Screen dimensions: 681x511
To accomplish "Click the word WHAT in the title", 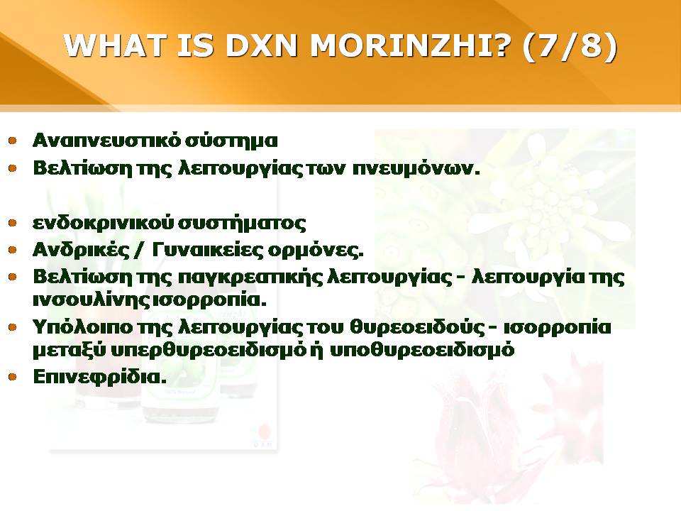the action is click(x=115, y=45).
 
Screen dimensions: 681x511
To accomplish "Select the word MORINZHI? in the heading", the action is click(x=409, y=45).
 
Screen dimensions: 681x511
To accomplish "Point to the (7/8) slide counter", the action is click(x=570, y=45).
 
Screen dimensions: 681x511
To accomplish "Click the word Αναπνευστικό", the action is click(x=106, y=141).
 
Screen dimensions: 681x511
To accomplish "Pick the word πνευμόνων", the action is click(x=416, y=169).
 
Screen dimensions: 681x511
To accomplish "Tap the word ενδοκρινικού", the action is click(x=104, y=224).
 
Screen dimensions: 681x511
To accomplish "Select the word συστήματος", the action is click(x=243, y=224).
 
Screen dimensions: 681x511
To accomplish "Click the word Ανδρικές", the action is click(x=81, y=251).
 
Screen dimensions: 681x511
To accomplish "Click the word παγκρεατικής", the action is click(x=250, y=278).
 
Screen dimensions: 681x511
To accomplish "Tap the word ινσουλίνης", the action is click(x=94, y=300).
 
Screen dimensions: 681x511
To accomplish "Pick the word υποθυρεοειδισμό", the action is click(x=422, y=350).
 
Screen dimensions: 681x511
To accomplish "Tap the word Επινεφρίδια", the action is click(x=100, y=377).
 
